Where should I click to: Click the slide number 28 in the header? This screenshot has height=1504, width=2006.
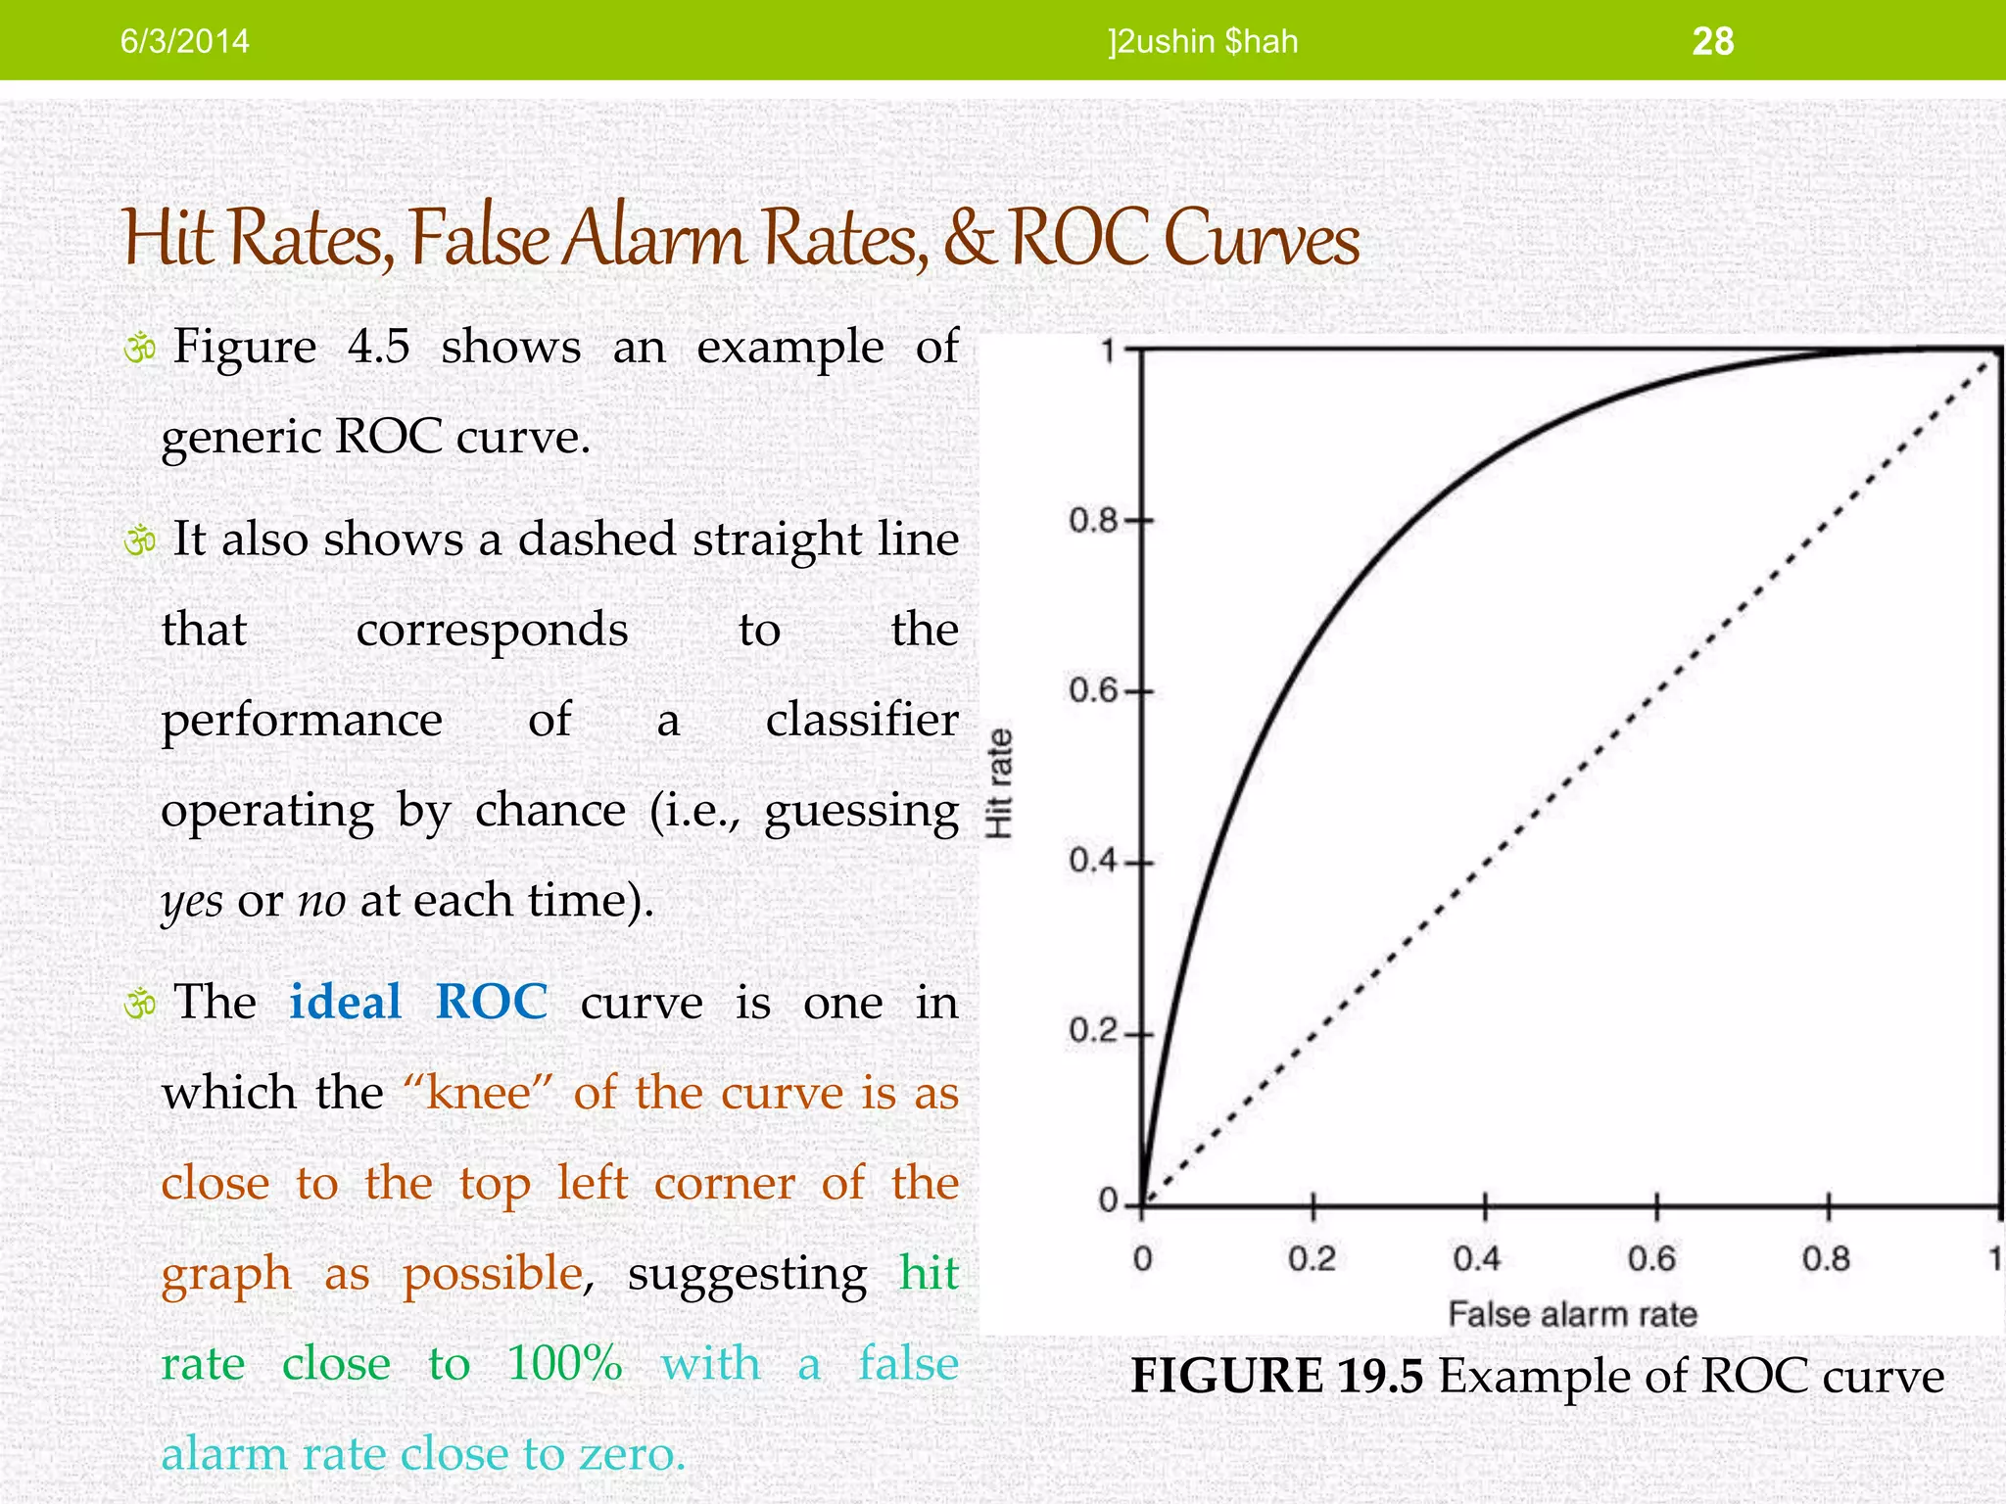pyautogui.click(x=1712, y=41)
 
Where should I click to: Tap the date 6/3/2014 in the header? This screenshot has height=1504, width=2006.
pyautogui.click(x=184, y=41)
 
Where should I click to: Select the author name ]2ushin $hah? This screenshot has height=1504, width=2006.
pyautogui.click(x=1203, y=41)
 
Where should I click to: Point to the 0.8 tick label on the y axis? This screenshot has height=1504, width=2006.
pyautogui.click(x=1093, y=520)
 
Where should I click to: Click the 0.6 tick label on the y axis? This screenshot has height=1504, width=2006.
pyautogui.click(x=1093, y=691)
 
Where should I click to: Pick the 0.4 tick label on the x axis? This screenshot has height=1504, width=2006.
pyautogui.click(x=1477, y=1258)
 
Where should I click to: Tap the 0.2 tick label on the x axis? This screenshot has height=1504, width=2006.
pyautogui.click(x=1313, y=1258)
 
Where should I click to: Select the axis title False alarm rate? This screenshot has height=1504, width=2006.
pyautogui.click(x=1572, y=1314)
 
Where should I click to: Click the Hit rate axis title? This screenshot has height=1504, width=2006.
pyautogui.click(x=999, y=783)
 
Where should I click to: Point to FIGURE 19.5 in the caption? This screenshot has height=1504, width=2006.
pyautogui.click(x=1276, y=1376)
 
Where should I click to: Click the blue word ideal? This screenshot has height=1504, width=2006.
pyautogui.click(x=346, y=1002)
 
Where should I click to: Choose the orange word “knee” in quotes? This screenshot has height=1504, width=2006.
pyautogui.click(x=480, y=1093)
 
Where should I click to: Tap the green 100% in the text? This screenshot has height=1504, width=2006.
pyautogui.click(x=564, y=1363)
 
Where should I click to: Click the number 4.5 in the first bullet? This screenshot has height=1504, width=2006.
pyautogui.click(x=379, y=347)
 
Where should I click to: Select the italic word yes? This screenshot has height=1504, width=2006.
pyautogui.click(x=192, y=901)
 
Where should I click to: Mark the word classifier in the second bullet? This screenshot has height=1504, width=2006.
pyautogui.click(x=862, y=720)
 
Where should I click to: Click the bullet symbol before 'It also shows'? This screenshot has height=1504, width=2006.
pyautogui.click(x=140, y=540)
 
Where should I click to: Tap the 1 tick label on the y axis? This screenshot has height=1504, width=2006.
pyautogui.click(x=1108, y=351)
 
